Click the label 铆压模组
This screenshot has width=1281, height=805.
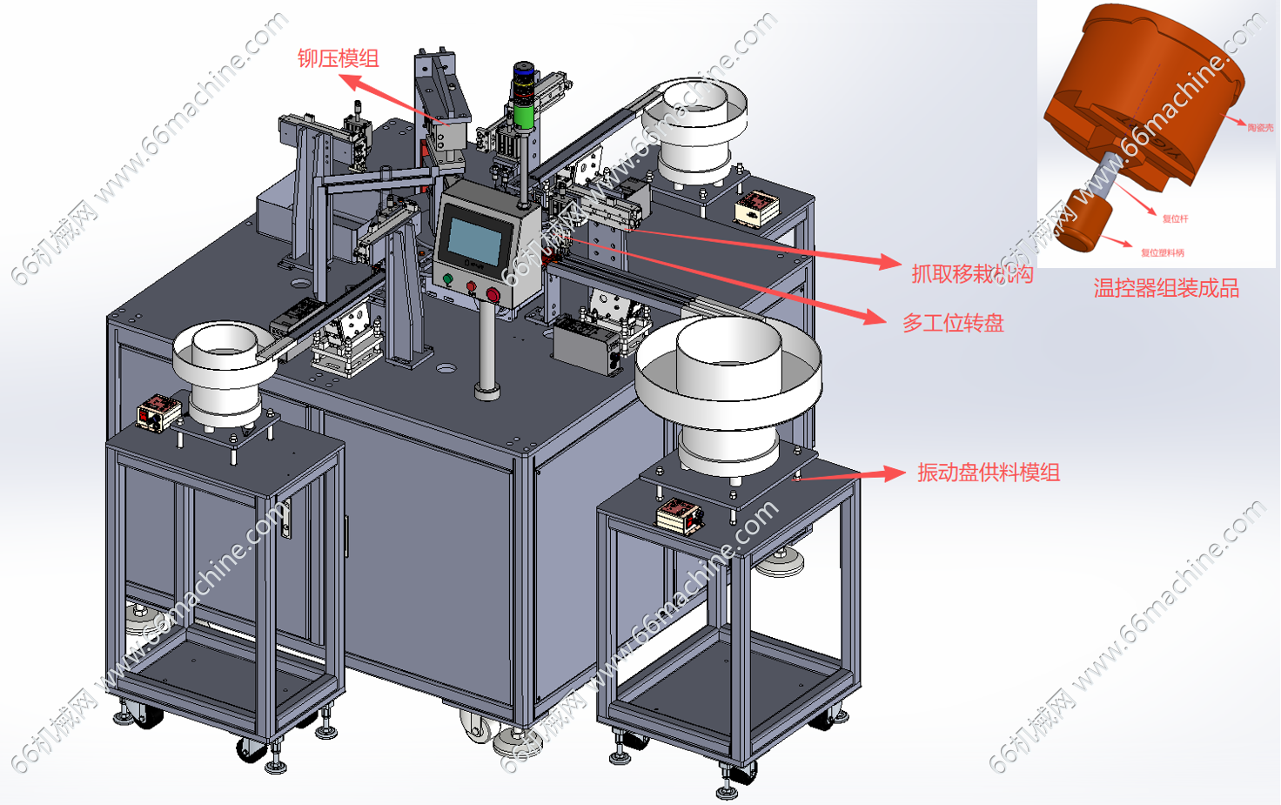338,58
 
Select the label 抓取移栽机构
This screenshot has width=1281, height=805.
971,274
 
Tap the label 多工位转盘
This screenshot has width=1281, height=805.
953,323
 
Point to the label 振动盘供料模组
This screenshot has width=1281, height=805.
988,473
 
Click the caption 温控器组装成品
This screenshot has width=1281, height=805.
1165,288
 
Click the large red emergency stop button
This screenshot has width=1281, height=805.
493,295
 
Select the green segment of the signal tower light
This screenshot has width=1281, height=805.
523,116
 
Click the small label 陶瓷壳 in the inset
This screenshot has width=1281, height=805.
1259,128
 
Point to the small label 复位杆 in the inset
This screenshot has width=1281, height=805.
1175,218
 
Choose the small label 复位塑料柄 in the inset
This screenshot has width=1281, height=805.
1162,252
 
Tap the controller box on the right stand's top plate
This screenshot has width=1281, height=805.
679,515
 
